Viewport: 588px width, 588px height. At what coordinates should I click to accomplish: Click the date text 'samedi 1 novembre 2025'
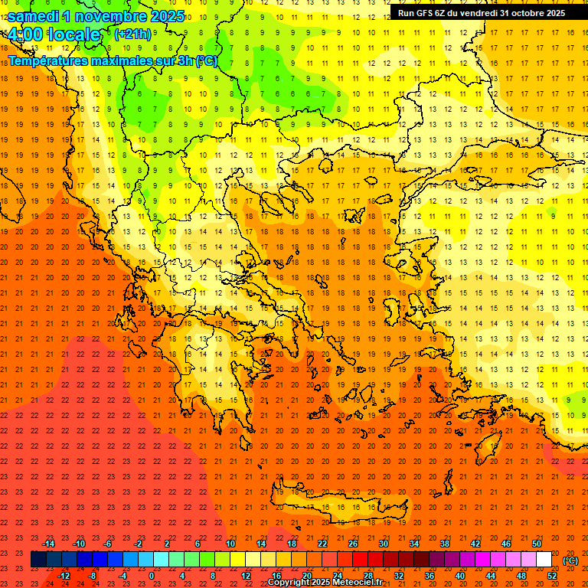[96, 16]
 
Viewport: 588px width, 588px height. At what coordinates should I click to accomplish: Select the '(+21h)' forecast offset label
[132, 34]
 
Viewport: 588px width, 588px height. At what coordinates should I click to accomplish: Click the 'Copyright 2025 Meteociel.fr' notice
[325, 582]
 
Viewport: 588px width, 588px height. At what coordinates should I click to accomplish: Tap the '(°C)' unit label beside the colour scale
[570, 560]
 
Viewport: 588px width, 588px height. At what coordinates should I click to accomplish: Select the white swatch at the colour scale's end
[544, 560]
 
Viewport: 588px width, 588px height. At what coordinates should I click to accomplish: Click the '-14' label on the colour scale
[48, 544]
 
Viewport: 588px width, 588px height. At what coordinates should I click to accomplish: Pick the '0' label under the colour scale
[152, 576]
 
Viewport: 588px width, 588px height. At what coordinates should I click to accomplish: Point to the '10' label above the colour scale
[230, 544]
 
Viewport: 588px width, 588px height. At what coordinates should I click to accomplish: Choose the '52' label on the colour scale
[552, 576]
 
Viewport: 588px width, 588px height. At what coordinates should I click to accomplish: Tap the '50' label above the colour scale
[537, 544]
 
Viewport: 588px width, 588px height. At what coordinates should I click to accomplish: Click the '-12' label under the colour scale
[64, 576]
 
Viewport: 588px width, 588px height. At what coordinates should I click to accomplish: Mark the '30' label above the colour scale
[383, 544]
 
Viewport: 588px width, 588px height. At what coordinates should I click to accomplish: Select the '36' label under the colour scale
[430, 576]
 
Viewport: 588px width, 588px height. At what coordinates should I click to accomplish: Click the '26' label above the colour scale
[352, 544]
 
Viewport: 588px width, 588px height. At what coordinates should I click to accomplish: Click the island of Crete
[345, 509]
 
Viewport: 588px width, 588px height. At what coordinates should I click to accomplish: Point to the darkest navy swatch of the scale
[38, 560]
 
